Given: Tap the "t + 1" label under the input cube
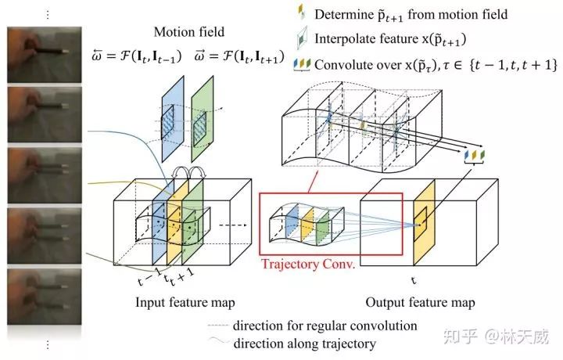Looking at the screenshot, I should tap(182, 275).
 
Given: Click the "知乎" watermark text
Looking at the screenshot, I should tap(456, 338).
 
